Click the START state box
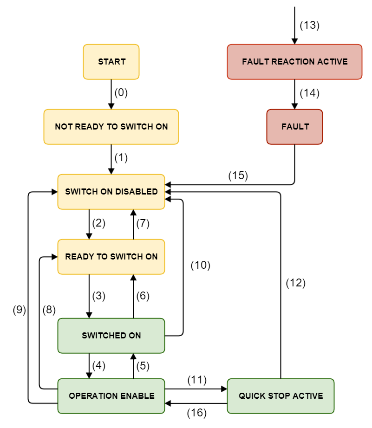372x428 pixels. point(111,62)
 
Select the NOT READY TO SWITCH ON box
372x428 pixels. point(111,127)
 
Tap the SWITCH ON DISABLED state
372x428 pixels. point(111,192)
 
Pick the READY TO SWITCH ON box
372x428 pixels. point(111,257)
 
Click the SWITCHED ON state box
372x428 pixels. point(111,336)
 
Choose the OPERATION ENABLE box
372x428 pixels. point(111,396)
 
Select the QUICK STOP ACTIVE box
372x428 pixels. point(281,396)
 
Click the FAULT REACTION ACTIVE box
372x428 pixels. point(294,62)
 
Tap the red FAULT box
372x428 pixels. point(294,127)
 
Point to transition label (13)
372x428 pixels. point(309,26)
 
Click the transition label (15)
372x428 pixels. point(238,176)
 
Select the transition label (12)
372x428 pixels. point(295,283)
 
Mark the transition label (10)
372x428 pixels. point(200,266)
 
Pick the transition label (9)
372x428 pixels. point(19,311)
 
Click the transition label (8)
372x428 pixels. point(49,311)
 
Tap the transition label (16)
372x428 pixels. point(196,413)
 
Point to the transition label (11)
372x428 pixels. point(196,380)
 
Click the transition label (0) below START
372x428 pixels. point(121,92)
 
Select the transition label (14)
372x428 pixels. point(309,93)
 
